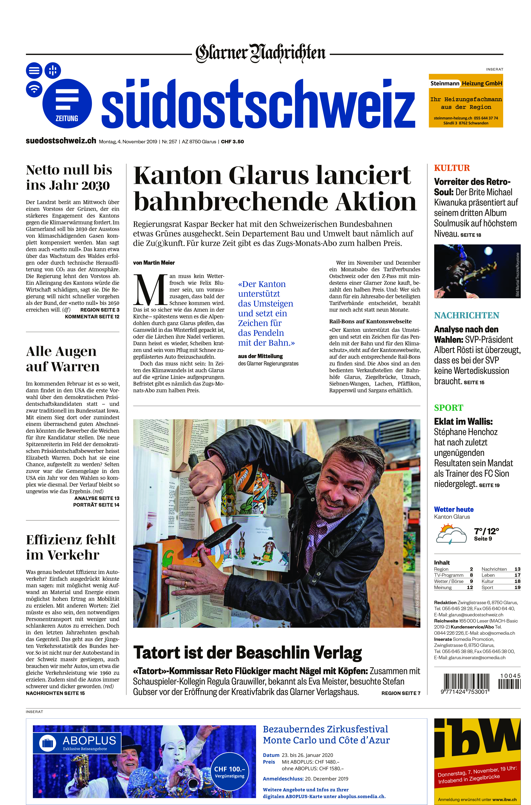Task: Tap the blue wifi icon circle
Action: click(x=34, y=89)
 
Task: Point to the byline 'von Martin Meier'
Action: click(x=154, y=262)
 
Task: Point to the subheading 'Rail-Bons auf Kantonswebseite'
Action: click(x=370, y=321)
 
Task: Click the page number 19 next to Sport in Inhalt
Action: click(x=517, y=587)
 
